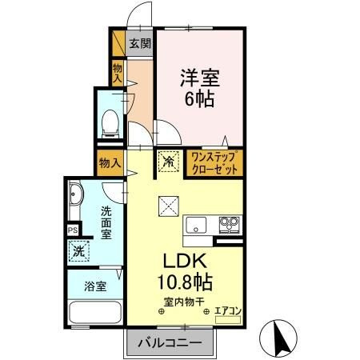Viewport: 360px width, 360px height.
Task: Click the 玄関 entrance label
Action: (x=140, y=43)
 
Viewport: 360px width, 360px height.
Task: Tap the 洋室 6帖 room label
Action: (x=199, y=88)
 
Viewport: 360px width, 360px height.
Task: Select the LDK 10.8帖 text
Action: (x=185, y=271)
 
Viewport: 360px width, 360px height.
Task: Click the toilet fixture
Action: (x=110, y=124)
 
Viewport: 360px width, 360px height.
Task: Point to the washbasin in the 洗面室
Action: (x=75, y=194)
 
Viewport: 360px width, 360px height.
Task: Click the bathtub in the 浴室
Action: (x=95, y=312)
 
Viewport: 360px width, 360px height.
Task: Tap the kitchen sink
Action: (x=196, y=225)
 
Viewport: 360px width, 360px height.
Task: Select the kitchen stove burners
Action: (x=229, y=225)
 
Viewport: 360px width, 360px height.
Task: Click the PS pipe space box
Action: (x=73, y=230)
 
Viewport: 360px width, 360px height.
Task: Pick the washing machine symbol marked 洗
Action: (x=78, y=251)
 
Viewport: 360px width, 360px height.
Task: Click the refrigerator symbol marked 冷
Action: (x=168, y=162)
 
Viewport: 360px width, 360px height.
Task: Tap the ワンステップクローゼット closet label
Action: (x=214, y=163)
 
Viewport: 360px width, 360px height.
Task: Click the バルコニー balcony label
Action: (x=170, y=342)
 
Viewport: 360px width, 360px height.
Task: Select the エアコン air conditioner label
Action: (x=228, y=311)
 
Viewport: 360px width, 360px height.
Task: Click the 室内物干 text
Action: (x=184, y=302)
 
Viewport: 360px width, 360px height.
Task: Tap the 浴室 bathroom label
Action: (x=95, y=286)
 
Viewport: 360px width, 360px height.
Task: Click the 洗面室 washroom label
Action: (x=106, y=223)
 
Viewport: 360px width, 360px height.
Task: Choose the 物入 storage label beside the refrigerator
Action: (x=110, y=162)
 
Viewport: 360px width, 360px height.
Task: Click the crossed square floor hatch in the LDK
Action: (x=169, y=206)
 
